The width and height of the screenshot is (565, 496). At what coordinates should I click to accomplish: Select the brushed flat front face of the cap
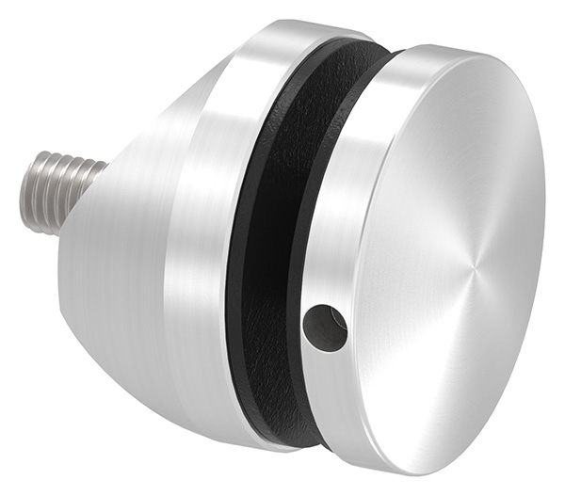coord(452,245)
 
